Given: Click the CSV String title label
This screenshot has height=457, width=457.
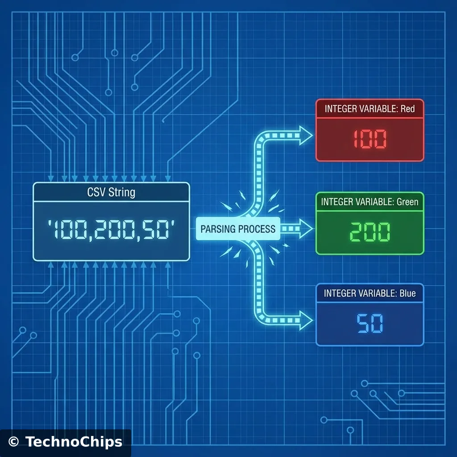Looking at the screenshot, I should pos(111,193).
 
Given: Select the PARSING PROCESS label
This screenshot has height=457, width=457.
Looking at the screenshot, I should pos(238,229).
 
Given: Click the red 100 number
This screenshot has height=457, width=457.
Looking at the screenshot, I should pos(370,140).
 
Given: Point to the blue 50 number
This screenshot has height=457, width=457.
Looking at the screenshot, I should pos(370,324).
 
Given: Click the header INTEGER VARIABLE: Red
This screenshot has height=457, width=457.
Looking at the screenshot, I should pos(370,109).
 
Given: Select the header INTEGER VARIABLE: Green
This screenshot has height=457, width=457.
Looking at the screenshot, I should pos(370,202).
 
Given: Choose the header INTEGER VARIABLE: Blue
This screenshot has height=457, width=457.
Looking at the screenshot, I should pos(370,293).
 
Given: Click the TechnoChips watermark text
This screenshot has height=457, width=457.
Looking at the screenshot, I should pos(74,442).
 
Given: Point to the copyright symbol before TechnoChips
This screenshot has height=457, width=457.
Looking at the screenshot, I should pos(14,442).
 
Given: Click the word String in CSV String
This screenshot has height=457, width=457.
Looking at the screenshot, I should pos(122,193).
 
